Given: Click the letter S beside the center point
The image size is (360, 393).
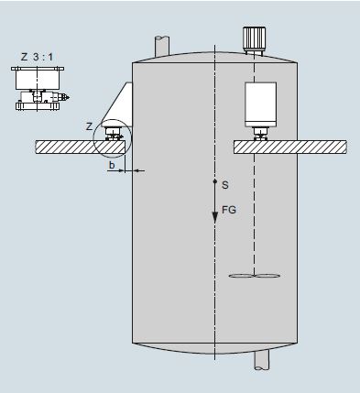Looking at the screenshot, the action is click(225, 185).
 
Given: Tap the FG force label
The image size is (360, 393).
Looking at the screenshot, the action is click(229, 210).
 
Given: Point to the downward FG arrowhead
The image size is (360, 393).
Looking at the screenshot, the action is click(215, 218).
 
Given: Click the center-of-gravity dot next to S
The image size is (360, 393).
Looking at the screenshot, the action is click(215, 181).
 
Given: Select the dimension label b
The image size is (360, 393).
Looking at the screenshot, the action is click(112, 165).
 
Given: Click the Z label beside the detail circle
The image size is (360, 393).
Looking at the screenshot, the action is click(89, 126).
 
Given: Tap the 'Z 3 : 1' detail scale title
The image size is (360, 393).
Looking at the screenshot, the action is click(37, 57).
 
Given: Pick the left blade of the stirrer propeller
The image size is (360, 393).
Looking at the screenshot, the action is click(241, 276).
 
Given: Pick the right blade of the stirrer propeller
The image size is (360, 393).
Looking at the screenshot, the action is click(267, 276).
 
